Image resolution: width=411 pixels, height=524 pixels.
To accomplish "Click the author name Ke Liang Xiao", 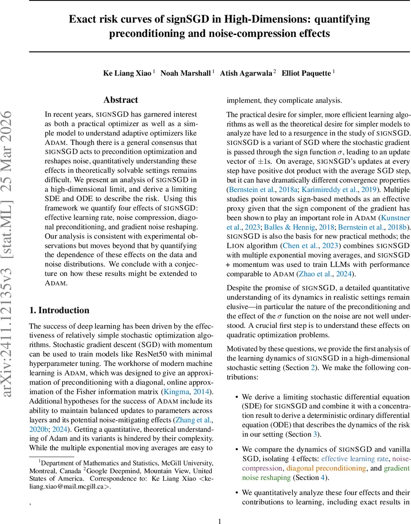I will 127,73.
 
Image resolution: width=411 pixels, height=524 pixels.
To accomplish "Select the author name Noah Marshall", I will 185,73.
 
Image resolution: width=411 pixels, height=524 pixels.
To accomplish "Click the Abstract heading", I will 121,100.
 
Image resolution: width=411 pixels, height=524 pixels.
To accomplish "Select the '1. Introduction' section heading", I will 59,310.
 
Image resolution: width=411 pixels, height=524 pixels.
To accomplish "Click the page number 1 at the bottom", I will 220,521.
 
